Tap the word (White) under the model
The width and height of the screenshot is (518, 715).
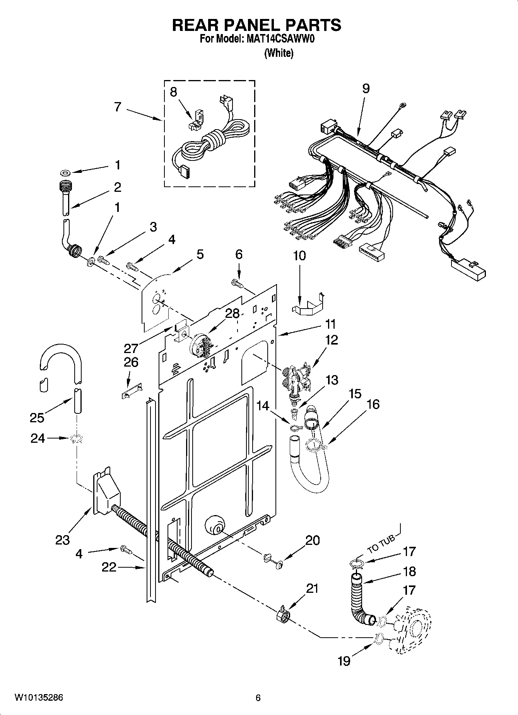point(279,53)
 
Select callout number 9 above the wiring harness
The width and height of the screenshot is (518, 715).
point(366,89)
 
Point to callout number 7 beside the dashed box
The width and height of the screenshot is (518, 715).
point(118,107)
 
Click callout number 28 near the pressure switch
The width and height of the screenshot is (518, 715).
point(233,313)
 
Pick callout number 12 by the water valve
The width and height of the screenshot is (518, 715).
point(332,340)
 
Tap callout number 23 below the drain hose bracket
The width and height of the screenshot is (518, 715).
point(62,539)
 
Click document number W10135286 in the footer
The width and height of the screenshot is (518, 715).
point(39,698)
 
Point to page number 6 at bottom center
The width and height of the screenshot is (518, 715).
point(258,698)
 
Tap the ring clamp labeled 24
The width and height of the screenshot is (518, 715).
point(77,439)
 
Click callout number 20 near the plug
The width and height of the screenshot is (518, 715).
point(312,540)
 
